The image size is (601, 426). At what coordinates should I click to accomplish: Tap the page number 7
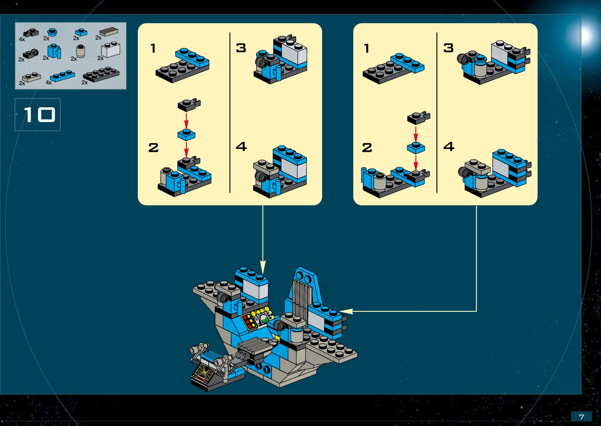581,417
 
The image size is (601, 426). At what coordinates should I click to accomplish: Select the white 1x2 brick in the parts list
111,49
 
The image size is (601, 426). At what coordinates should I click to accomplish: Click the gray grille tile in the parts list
109,32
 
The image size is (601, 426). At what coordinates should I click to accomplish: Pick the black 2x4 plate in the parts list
101,74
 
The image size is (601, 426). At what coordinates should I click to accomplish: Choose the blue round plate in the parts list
52,32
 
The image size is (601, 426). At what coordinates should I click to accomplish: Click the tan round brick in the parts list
81,51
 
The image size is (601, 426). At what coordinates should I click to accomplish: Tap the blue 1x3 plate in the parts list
63,76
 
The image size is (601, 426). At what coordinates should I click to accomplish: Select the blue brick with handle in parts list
54,51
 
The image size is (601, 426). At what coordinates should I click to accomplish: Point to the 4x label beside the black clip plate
22,39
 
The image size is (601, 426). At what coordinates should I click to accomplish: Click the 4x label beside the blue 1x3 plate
49,83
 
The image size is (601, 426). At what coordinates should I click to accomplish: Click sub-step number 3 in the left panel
241,48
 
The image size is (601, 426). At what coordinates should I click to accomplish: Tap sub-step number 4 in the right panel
449,146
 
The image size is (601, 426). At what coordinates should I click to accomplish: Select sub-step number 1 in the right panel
367,48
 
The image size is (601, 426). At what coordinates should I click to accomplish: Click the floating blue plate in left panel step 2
186,134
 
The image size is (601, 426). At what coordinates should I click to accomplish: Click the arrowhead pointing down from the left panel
263,267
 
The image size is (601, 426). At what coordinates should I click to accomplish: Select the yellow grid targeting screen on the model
204,371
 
